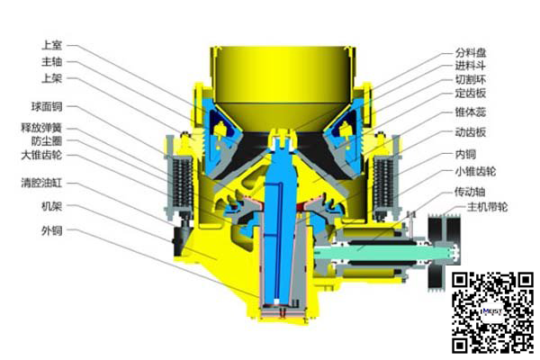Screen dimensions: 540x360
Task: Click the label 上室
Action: [x=51, y=45]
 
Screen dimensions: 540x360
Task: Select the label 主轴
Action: [x=51, y=62]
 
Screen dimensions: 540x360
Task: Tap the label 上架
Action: [x=51, y=78]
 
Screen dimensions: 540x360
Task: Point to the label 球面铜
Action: [x=47, y=106]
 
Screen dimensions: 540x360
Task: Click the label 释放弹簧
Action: [x=41, y=128]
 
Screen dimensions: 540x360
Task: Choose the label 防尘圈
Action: [x=47, y=141]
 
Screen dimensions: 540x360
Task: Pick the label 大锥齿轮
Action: [x=41, y=155]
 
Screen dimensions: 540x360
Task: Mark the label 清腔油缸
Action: [x=41, y=183]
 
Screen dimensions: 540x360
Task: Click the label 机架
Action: [x=51, y=206]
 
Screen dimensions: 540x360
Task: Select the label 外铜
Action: [x=51, y=230]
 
